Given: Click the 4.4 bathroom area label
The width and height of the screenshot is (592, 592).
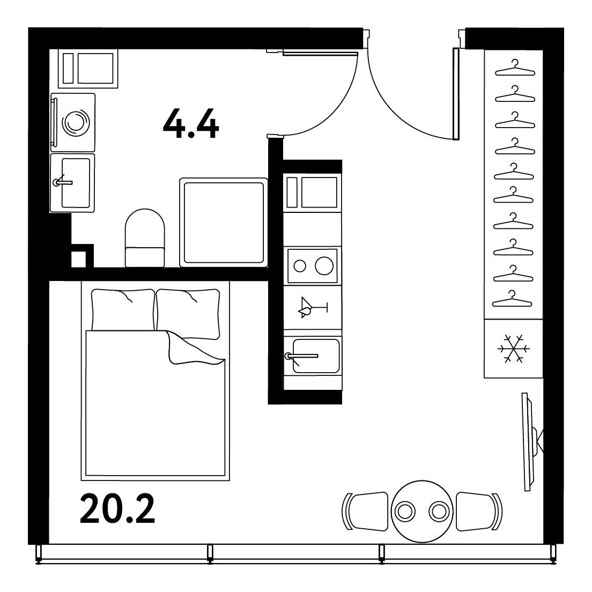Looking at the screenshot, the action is [191, 123].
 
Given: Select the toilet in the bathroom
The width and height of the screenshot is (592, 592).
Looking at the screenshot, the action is [145, 238].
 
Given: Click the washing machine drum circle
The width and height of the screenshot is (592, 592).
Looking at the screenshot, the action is [76, 122].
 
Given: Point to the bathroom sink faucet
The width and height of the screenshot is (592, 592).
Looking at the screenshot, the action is [62, 182].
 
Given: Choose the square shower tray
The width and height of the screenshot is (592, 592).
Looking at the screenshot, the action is [224, 223].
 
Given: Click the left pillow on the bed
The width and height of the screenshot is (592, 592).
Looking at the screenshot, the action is [123, 310].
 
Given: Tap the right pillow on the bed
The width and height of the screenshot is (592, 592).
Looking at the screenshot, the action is [188, 313].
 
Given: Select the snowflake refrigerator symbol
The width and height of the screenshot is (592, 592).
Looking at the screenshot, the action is [514, 349].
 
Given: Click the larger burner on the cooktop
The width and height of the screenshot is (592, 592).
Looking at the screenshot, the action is [324, 265].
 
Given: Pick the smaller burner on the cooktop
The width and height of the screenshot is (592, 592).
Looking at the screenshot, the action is [300, 266].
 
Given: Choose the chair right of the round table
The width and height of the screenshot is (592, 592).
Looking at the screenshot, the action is [479, 512].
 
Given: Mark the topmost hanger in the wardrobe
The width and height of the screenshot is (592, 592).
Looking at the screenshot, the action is [515, 68].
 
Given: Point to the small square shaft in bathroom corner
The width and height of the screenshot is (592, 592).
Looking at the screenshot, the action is [78, 259].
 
